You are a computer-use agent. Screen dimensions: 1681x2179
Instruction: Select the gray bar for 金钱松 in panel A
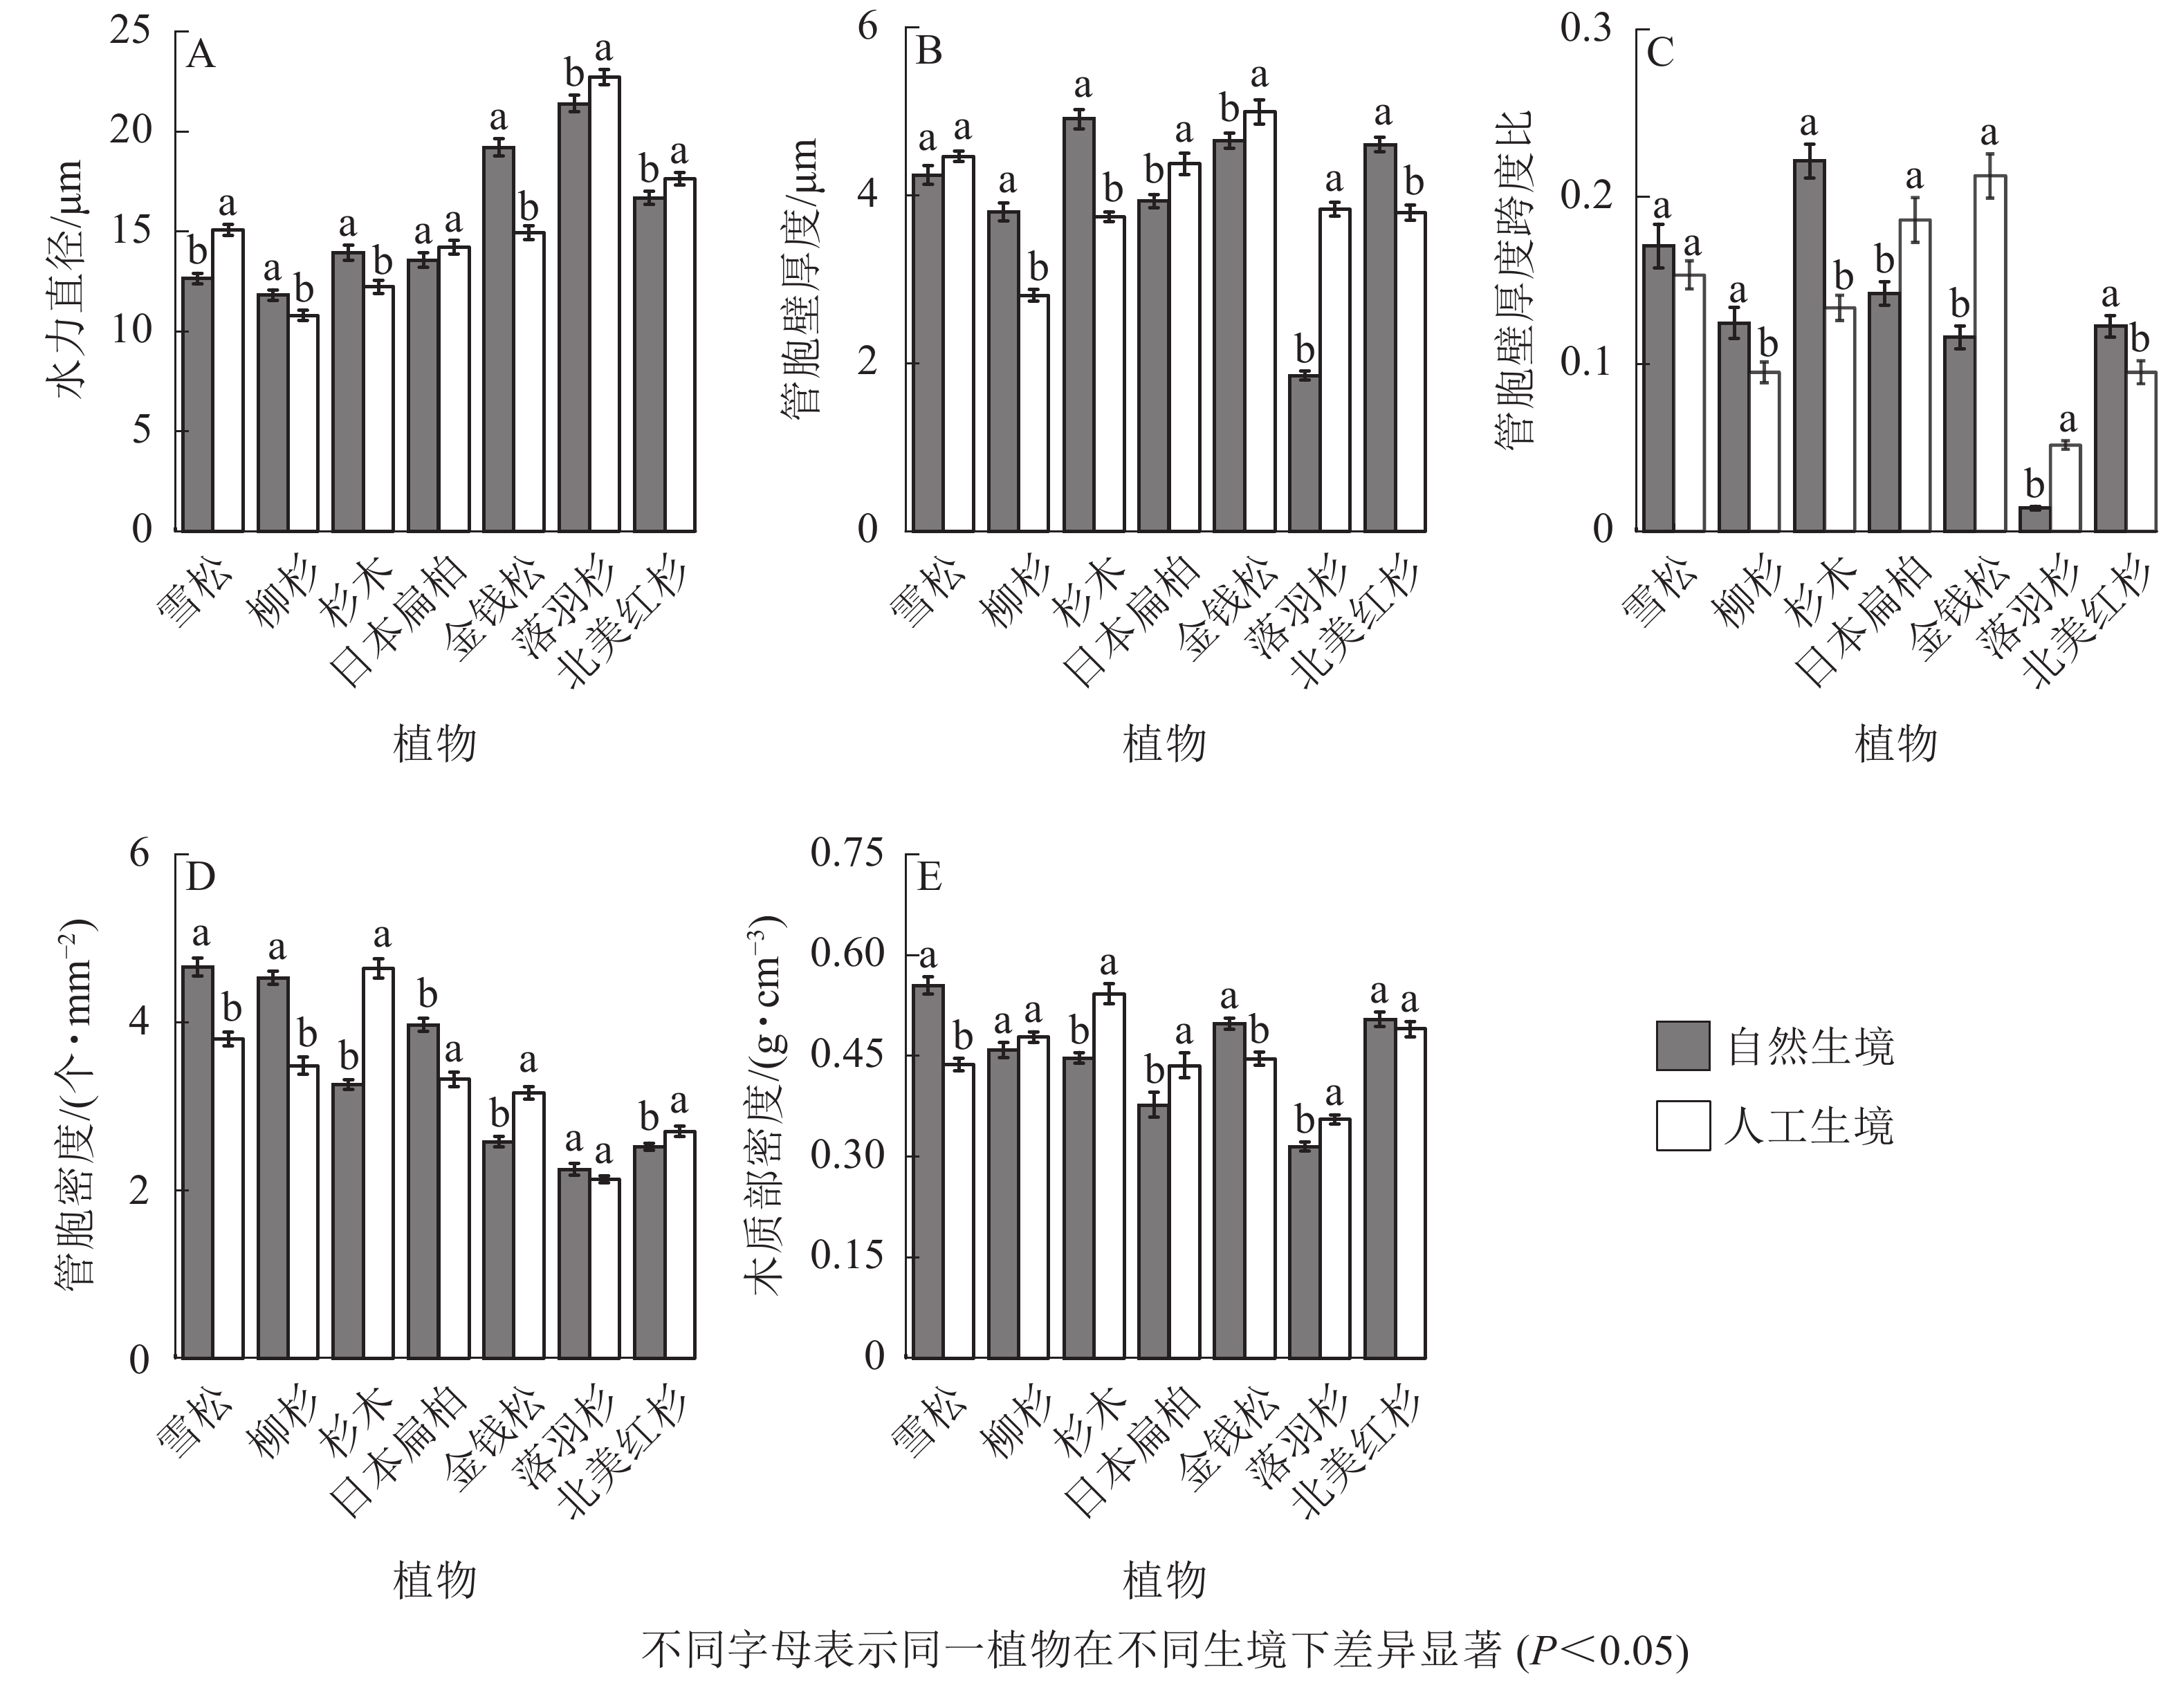coord(498,340)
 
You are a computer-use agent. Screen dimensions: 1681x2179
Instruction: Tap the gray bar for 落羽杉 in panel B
coord(1304,453)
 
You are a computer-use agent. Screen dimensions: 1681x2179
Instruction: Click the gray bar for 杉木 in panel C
coord(1809,345)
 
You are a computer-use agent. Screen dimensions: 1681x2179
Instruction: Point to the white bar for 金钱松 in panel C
coord(1989,353)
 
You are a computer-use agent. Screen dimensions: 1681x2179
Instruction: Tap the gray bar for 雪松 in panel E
coord(928,1171)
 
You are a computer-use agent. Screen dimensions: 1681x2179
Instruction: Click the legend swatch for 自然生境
coord(1682,1046)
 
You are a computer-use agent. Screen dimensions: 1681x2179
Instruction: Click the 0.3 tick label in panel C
coord(1585,29)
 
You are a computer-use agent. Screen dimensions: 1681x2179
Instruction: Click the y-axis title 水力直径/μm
coord(70,281)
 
